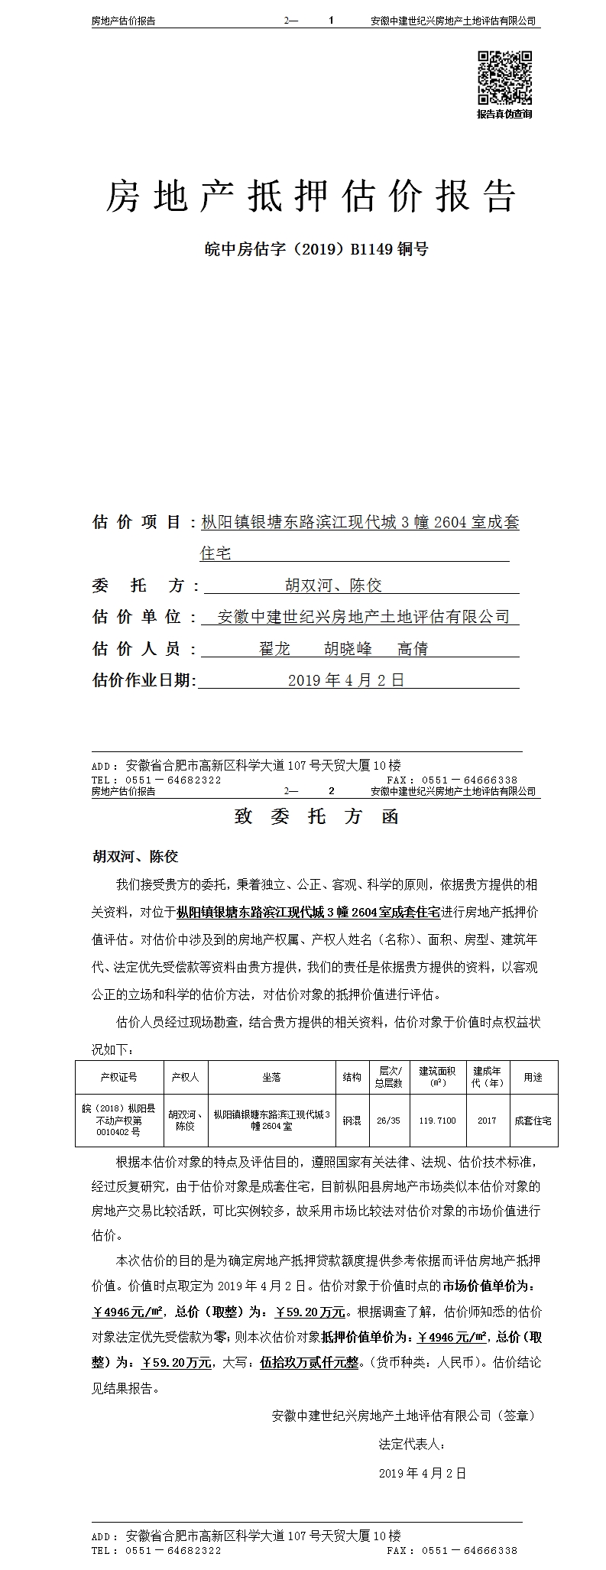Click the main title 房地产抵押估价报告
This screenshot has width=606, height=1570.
pyautogui.click(x=310, y=196)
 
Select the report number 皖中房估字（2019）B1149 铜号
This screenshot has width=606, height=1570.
pyautogui.click(x=317, y=248)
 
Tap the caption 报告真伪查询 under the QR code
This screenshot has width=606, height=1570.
pyautogui.click(x=504, y=114)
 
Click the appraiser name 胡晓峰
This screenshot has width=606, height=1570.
pyautogui.click(x=348, y=648)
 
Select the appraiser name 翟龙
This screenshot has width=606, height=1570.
pyautogui.click(x=275, y=648)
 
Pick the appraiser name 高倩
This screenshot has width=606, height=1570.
pyautogui.click(x=413, y=648)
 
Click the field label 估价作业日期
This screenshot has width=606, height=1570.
pyautogui.click(x=144, y=680)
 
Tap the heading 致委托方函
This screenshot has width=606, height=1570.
pyautogui.click(x=316, y=816)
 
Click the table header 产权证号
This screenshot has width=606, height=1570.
pyautogui.click(x=118, y=1076)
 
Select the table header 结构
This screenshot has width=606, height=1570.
pyautogui.click(x=352, y=1076)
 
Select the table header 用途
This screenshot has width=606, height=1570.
pyautogui.click(x=533, y=1076)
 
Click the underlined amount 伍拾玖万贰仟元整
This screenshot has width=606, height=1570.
pyautogui.click(x=309, y=1361)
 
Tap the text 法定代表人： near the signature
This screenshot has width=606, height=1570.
pyautogui.click(x=412, y=1444)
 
